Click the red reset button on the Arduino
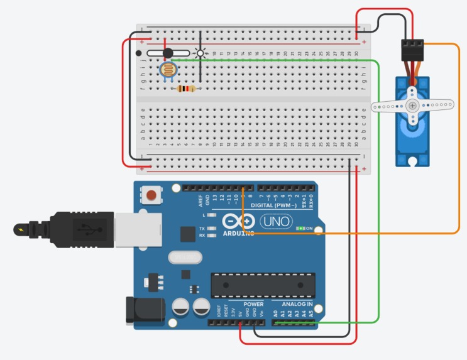pyautogui.click(x=150, y=195)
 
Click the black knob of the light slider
pyautogui.click(x=168, y=53)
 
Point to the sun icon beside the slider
pyautogui.click(x=201, y=53)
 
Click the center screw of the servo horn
pyautogui.click(x=412, y=106)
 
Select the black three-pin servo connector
pyautogui.click(x=412, y=48)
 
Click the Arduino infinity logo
pyautogui.click(x=246, y=222)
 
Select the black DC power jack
pyautogui.click(x=139, y=310)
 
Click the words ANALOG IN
pyautogui.click(x=292, y=304)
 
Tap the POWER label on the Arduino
pyautogui.click(x=253, y=304)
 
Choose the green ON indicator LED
pyautogui.click(x=300, y=229)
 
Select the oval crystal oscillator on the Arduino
pyautogui.click(x=185, y=258)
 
